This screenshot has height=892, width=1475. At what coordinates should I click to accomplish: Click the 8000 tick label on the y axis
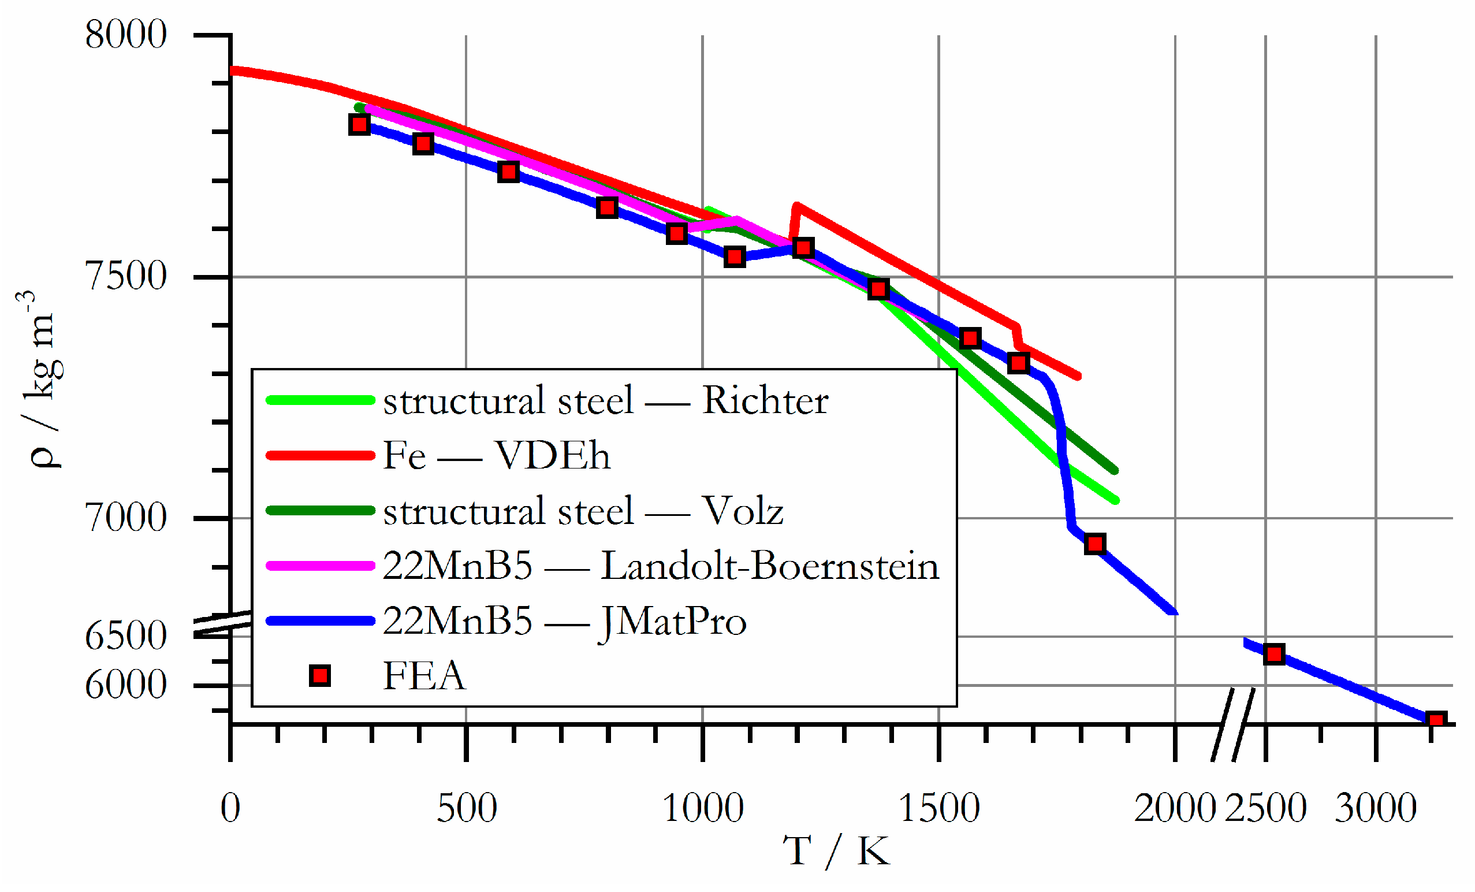tap(126, 35)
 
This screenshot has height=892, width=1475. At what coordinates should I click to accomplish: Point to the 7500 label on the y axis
tap(126, 277)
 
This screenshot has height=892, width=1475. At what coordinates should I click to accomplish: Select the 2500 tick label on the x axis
tap(1265, 808)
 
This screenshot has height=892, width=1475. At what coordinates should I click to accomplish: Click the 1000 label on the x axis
tap(703, 808)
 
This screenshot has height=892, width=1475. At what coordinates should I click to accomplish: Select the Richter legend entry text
tap(605, 400)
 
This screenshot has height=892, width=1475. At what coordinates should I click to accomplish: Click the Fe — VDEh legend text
tap(496, 456)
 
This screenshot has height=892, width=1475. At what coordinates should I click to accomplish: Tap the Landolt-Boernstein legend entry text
tap(660, 566)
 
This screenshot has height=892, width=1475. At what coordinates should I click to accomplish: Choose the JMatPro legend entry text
tap(564, 621)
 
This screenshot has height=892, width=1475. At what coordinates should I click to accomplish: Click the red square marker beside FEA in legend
tap(321, 676)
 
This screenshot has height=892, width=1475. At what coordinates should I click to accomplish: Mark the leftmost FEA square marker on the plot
tap(359, 125)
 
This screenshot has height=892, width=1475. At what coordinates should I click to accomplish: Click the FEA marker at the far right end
tap(1436, 719)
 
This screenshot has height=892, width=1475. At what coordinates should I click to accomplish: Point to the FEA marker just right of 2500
tap(1274, 655)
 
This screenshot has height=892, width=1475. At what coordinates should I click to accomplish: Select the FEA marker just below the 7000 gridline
tap(1095, 544)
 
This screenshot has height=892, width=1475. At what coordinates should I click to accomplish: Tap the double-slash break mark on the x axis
tap(1233, 724)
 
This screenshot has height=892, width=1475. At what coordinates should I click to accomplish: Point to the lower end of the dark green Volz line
tap(1114, 470)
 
